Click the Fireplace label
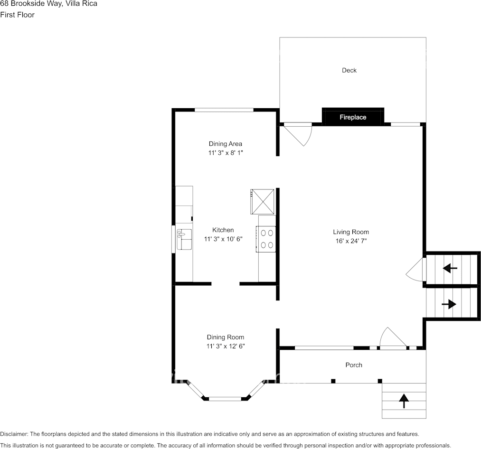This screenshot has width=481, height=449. (353, 117)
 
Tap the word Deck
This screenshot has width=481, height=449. (349, 70)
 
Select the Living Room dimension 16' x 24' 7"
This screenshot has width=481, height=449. (350, 241)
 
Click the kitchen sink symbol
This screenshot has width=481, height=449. (184, 239)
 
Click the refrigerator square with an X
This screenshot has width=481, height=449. (263, 201)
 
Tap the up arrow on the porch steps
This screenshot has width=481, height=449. (404, 401)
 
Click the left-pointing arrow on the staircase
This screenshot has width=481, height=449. (450, 269)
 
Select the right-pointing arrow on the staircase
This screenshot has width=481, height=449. (449, 304)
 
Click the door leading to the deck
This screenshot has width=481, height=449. (298, 133)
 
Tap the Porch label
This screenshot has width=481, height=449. (354, 365)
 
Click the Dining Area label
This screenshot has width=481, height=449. (226, 144)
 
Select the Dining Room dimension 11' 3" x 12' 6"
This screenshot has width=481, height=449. (226, 346)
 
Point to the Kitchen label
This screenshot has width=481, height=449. (223, 230)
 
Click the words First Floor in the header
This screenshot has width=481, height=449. (17, 15)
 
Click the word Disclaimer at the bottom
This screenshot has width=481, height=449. (14, 434)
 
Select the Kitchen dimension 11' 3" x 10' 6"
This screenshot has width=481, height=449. (223, 239)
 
